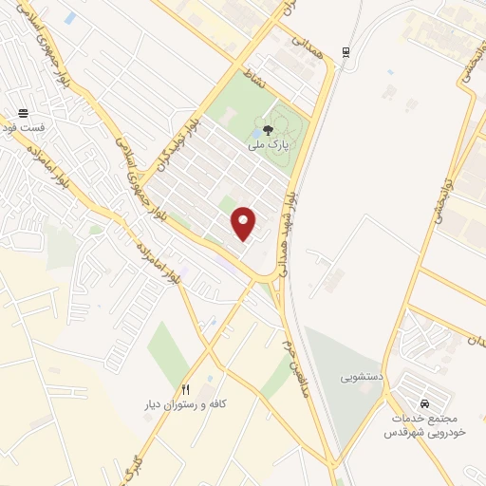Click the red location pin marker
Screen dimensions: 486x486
pyautogui.click(x=244, y=222)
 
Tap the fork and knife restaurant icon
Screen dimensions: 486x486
pyautogui.click(x=186, y=389)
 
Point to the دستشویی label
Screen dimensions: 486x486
pyautogui.click(x=361, y=377)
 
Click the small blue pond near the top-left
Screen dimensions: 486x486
pyautogui.click(x=69, y=19)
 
